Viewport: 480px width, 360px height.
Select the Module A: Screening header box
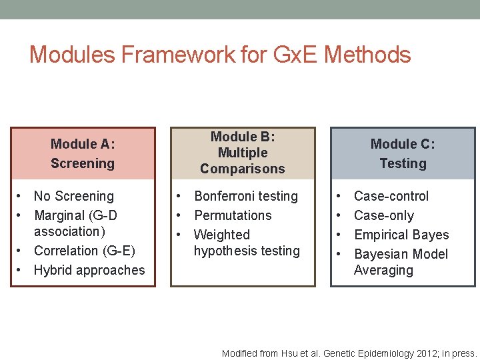(x=83, y=153)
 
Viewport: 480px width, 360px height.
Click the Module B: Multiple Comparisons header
(x=243, y=153)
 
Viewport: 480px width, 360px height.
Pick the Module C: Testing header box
(x=403, y=153)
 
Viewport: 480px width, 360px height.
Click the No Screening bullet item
(x=74, y=196)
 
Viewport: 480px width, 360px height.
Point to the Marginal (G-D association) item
(x=75, y=223)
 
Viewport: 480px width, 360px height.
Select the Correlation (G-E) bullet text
(x=84, y=251)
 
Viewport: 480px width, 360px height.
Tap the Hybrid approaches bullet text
(x=89, y=270)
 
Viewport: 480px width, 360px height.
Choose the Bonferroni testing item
(x=246, y=196)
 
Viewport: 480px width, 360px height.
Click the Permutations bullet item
(x=233, y=215)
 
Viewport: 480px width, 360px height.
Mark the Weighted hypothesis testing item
(x=247, y=243)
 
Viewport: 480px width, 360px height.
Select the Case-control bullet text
(x=391, y=196)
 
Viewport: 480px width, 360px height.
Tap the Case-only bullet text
(x=384, y=215)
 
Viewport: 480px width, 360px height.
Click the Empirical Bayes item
(x=401, y=235)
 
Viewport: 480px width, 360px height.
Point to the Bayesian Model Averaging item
(x=401, y=262)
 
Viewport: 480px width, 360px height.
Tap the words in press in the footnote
(x=459, y=353)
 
